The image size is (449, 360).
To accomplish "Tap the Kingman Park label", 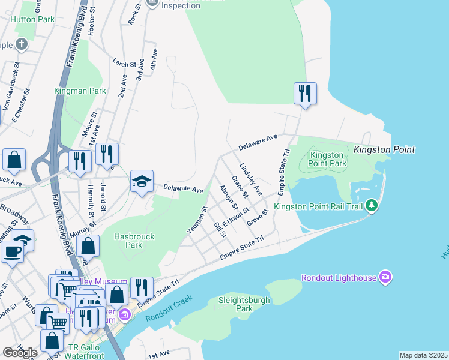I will click(x=80, y=91).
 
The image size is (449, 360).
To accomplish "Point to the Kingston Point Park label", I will click(x=328, y=159).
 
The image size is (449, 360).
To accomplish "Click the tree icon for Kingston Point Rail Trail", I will click(x=372, y=206).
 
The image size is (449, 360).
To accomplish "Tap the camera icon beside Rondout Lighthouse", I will click(x=385, y=277).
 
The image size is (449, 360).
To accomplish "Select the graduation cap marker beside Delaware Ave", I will click(x=142, y=181).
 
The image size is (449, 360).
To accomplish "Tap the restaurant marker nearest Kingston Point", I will click(x=305, y=93).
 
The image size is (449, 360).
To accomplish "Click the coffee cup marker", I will click(x=12, y=252).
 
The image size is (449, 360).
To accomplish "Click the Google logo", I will click(x=20, y=353).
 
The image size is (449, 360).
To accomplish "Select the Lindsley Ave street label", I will click(x=251, y=179).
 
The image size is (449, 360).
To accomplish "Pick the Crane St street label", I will click(x=239, y=187).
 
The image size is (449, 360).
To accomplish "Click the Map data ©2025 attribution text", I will click(x=423, y=355).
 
